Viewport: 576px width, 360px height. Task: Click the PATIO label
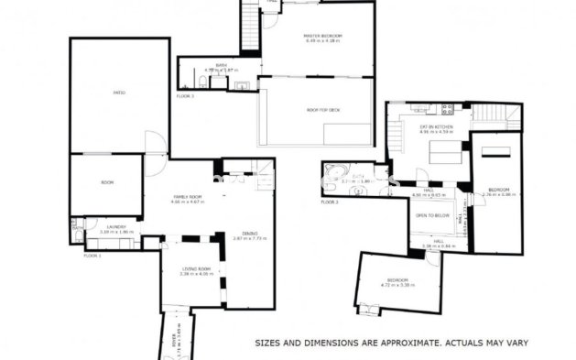[x=119, y=93]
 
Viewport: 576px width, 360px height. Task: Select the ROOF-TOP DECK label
[x=316, y=109]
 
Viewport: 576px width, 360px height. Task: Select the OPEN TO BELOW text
[x=432, y=216]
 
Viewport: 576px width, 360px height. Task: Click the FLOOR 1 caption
[x=92, y=256]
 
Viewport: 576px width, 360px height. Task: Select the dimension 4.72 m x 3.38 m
[x=397, y=285]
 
